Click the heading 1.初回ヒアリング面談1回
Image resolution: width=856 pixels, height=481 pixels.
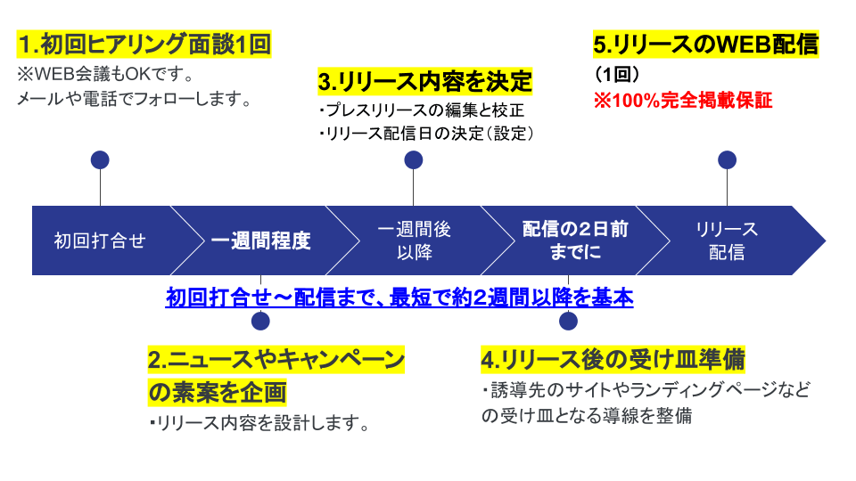tap(144, 44)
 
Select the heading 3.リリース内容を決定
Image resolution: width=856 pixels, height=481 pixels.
tap(424, 82)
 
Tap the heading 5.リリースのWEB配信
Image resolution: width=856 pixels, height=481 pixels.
tap(705, 44)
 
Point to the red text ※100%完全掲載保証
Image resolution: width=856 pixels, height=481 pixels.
tap(683, 100)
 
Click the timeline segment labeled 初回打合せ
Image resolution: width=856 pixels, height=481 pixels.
tap(100, 240)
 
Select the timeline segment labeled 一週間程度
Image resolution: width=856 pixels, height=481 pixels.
tap(260, 240)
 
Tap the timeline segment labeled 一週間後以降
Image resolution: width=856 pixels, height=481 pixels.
tap(414, 240)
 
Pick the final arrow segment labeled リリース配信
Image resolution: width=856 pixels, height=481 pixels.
tap(727, 240)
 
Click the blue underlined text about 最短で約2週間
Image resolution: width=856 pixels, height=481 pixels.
tap(399, 298)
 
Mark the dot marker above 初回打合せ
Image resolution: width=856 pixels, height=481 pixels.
tap(100, 160)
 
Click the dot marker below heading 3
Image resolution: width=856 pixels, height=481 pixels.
tap(413, 160)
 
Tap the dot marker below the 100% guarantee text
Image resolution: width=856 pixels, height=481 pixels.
tap(728, 160)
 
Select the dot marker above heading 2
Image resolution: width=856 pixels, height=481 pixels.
tap(260, 322)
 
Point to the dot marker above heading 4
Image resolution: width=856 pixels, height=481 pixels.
tap(568, 322)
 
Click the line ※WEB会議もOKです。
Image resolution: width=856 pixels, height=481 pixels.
tap(106, 73)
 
